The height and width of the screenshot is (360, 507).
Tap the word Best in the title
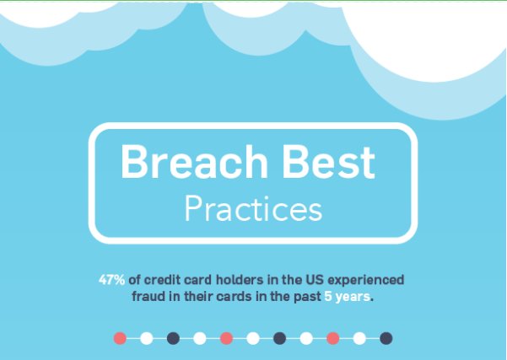326,162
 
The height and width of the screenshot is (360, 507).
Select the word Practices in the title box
253,209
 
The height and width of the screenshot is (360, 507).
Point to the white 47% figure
112,279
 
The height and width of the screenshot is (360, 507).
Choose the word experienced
368,279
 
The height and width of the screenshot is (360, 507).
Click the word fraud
148,298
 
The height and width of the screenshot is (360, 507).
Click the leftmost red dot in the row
120,338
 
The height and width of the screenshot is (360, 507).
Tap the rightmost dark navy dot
386,338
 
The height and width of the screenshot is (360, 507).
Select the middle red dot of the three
226,338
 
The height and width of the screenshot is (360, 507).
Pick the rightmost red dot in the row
332,338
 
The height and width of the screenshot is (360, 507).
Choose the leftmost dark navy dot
173,338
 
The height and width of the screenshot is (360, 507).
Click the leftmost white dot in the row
146,338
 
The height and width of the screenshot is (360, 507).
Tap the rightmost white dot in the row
359,338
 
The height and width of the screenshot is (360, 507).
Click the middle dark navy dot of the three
279,338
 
